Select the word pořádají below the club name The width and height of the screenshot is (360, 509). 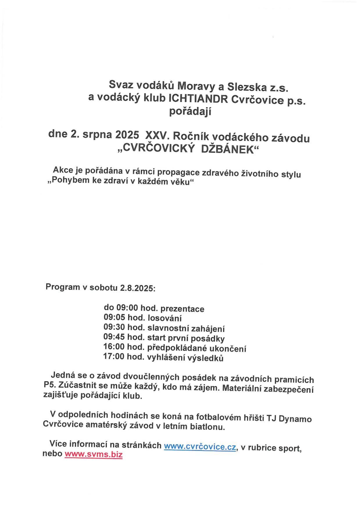pyautogui.click(x=190, y=112)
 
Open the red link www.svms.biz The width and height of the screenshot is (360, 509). pyautogui.click(x=93, y=454)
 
